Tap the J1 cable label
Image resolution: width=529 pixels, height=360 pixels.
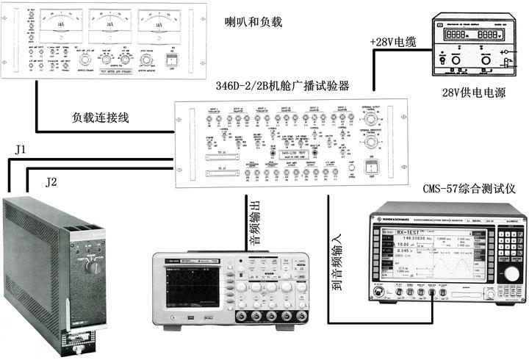20,151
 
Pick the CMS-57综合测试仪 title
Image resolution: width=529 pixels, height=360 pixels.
469,190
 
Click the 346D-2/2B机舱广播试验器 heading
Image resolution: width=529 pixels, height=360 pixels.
282,86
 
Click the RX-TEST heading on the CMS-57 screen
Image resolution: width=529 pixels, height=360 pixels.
413,233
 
